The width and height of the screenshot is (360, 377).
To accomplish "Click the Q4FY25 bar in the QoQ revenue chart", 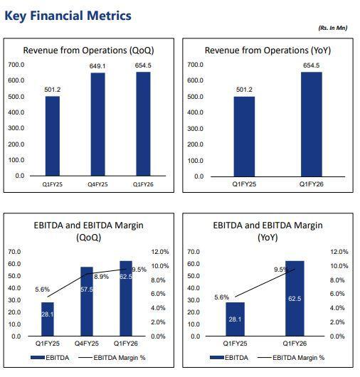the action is coord(98,124).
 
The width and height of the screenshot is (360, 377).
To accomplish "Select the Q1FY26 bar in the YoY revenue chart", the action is coord(312,124).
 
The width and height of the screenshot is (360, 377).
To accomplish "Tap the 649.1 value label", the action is coord(97,66).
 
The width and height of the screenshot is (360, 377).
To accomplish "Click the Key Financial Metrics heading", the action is coord(68,16).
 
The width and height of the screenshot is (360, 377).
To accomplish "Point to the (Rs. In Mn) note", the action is coord(333,28).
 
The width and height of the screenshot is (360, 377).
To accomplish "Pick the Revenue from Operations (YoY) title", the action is coord(268,51).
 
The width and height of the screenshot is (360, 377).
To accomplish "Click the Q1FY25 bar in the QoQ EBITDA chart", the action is coord(48,319).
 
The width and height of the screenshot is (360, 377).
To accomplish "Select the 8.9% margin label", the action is coord(101,277).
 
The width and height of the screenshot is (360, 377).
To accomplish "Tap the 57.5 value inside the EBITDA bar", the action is coord(87,290).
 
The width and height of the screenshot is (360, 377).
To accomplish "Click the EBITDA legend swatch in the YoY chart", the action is coord(217,358).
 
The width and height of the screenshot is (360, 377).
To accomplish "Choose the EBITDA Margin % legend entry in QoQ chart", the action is coord(112,358).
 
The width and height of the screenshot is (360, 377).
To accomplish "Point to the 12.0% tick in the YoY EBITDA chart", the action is coord(339,252).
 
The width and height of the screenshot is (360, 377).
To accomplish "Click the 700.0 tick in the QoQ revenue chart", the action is coord(16,65).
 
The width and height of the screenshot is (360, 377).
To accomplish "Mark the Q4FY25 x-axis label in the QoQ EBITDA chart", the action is coord(87,344).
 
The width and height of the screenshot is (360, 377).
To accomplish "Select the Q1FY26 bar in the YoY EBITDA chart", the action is coord(295,298).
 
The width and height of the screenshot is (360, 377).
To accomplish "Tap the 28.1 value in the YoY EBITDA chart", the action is coord(235,319).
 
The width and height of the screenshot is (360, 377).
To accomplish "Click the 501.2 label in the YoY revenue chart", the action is coord(244,90).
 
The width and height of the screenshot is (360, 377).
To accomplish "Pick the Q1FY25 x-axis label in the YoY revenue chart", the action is coord(244,184).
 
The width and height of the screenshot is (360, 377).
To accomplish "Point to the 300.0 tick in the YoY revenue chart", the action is coord(195,129).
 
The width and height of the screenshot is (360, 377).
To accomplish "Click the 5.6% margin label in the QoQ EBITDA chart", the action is coord(42,290).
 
